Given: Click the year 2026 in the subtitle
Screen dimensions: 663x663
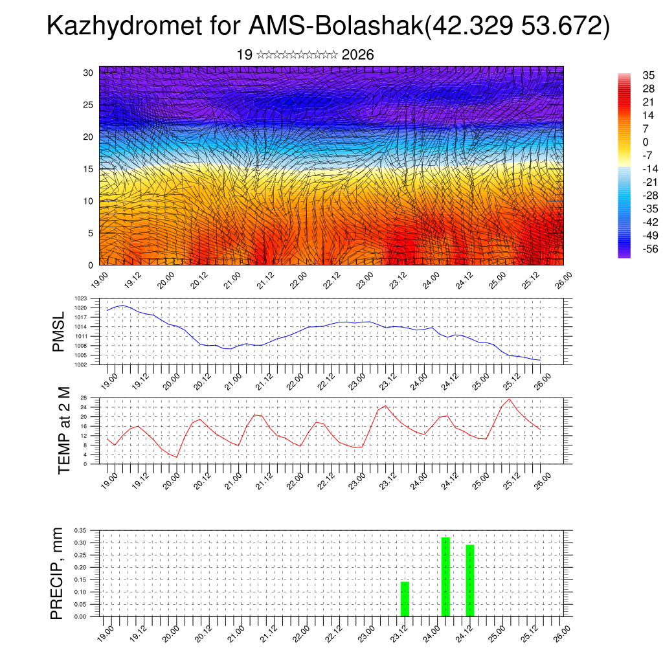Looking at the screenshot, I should point(357,55).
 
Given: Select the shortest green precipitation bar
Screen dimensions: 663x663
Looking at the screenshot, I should point(405,599).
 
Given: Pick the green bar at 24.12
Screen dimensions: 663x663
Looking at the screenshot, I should point(470,580).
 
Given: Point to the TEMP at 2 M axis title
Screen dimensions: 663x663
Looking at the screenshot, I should point(64,430).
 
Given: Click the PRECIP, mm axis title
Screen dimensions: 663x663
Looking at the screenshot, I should point(58,573).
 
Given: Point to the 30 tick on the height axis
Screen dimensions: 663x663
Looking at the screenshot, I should point(89,73).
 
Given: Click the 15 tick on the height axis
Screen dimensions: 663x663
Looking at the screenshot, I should point(89,169).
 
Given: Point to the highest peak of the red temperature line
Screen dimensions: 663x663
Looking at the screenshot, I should point(510,399).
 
